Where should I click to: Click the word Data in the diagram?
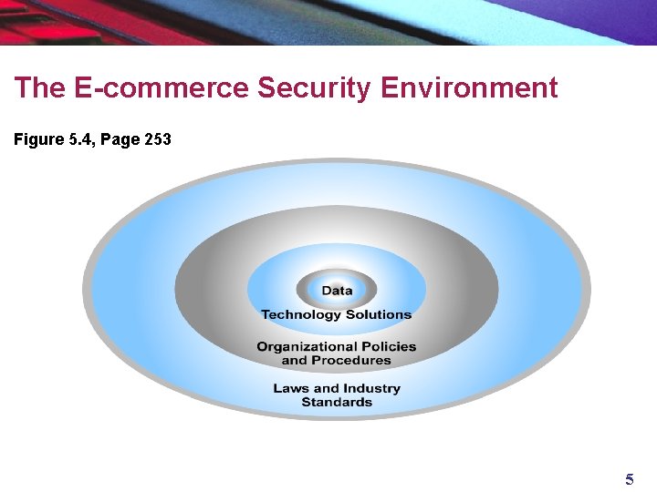(337, 291)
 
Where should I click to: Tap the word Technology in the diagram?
(299, 315)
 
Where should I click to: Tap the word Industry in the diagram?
(371, 388)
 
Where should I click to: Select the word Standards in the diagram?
(337, 402)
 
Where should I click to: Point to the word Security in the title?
(316, 88)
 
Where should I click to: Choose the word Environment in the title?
(469, 88)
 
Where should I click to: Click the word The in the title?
(38, 88)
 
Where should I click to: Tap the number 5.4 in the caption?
(77, 140)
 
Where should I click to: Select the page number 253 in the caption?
(157, 140)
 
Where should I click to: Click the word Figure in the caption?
(36, 140)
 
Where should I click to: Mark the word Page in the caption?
(119, 140)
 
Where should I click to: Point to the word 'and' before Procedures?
(295, 360)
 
